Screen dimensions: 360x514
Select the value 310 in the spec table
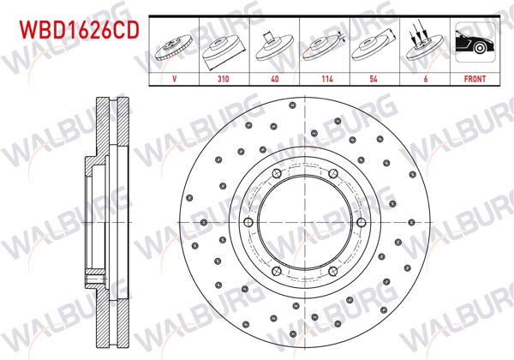(x=224, y=77)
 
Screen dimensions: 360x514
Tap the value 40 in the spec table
(x=274, y=77)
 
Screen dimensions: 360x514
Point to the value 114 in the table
(x=325, y=77)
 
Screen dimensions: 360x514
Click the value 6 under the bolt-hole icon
(x=425, y=77)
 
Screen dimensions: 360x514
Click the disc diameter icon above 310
(x=224, y=47)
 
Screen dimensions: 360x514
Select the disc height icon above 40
(x=274, y=47)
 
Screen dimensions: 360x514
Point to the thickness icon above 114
(x=325, y=47)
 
